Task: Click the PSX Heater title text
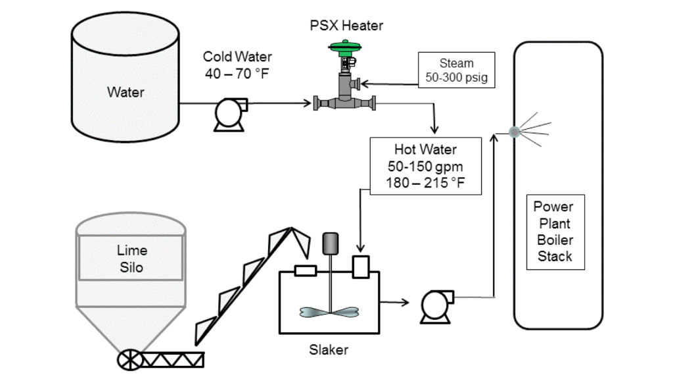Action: tap(346, 26)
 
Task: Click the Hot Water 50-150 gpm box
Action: tap(426, 166)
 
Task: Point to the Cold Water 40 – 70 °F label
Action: tap(237, 64)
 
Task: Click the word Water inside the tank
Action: tap(126, 92)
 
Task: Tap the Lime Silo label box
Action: tap(131, 259)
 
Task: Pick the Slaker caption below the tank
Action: tap(329, 350)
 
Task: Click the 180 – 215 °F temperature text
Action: tap(426, 183)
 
